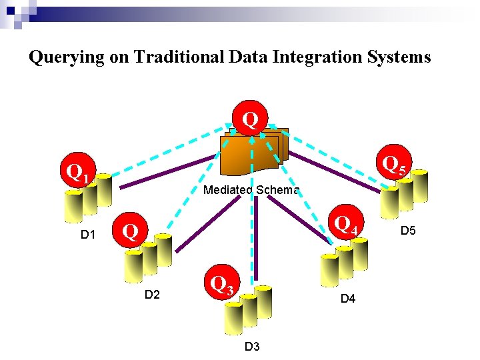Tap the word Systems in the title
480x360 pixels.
pyautogui.click(x=398, y=57)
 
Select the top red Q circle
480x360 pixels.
pyautogui.click(x=250, y=119)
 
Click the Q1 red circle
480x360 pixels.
pyautogui.click(x=79, y=173)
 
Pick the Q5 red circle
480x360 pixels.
pyautogui.click(x=393, y=164)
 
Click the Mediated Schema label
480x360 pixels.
pyautogui.click(x=251, y=190)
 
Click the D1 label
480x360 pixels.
pyautogui.click(x=89, y=235)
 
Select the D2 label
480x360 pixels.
pyautogui.click(x=153, y=295)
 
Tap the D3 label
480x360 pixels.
pyautogui.click(x=252, y=346)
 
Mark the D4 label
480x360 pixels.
pyautogui.click(x=348, y=299)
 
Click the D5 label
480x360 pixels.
pyautogui.click(x=408, y=231)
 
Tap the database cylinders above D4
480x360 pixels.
pyautogui.click(x=344, y=263)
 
